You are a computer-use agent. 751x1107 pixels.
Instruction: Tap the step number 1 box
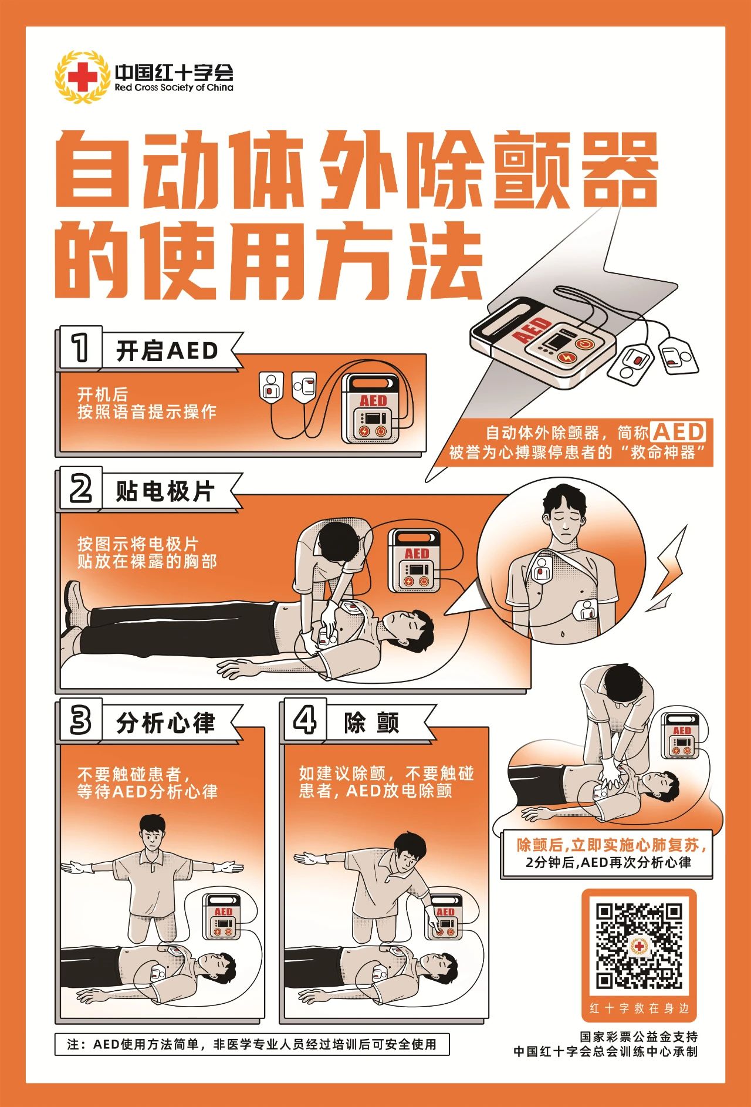point(81,347)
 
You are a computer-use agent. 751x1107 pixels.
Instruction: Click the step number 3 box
point(81,721)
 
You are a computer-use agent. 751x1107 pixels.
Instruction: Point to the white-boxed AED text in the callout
point(679,432)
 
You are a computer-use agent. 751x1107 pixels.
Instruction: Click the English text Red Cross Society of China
point(174,88)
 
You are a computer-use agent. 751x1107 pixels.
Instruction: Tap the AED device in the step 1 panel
point(373,407)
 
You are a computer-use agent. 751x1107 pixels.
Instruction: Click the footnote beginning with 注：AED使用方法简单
point(252,1045)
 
